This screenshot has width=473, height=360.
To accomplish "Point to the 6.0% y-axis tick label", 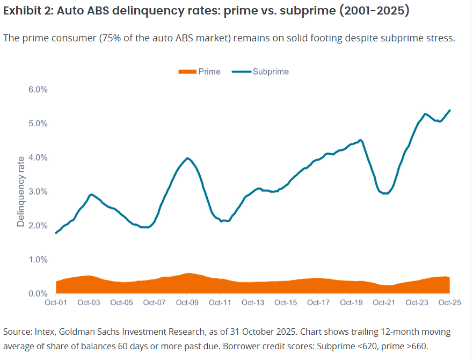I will pos(38,89).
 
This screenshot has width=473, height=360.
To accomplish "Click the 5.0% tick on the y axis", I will pos(38,124).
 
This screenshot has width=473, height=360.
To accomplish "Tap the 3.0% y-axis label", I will pos(38,192).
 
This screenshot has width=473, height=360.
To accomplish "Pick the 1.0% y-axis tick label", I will pos(38,260).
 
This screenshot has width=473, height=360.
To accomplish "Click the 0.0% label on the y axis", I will pos(38,293).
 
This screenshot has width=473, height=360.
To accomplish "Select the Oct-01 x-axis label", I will pos(56,303).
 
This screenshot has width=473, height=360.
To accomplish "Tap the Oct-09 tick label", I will pos(187,303).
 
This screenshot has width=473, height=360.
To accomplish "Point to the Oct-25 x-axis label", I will pos(449,303).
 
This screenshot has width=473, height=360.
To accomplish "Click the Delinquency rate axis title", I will pos(21,191).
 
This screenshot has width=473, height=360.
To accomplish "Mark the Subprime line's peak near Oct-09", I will pos(187,158).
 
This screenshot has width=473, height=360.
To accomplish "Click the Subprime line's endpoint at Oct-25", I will pos(450,110).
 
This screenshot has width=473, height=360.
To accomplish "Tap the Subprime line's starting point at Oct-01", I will pos(56,233).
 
